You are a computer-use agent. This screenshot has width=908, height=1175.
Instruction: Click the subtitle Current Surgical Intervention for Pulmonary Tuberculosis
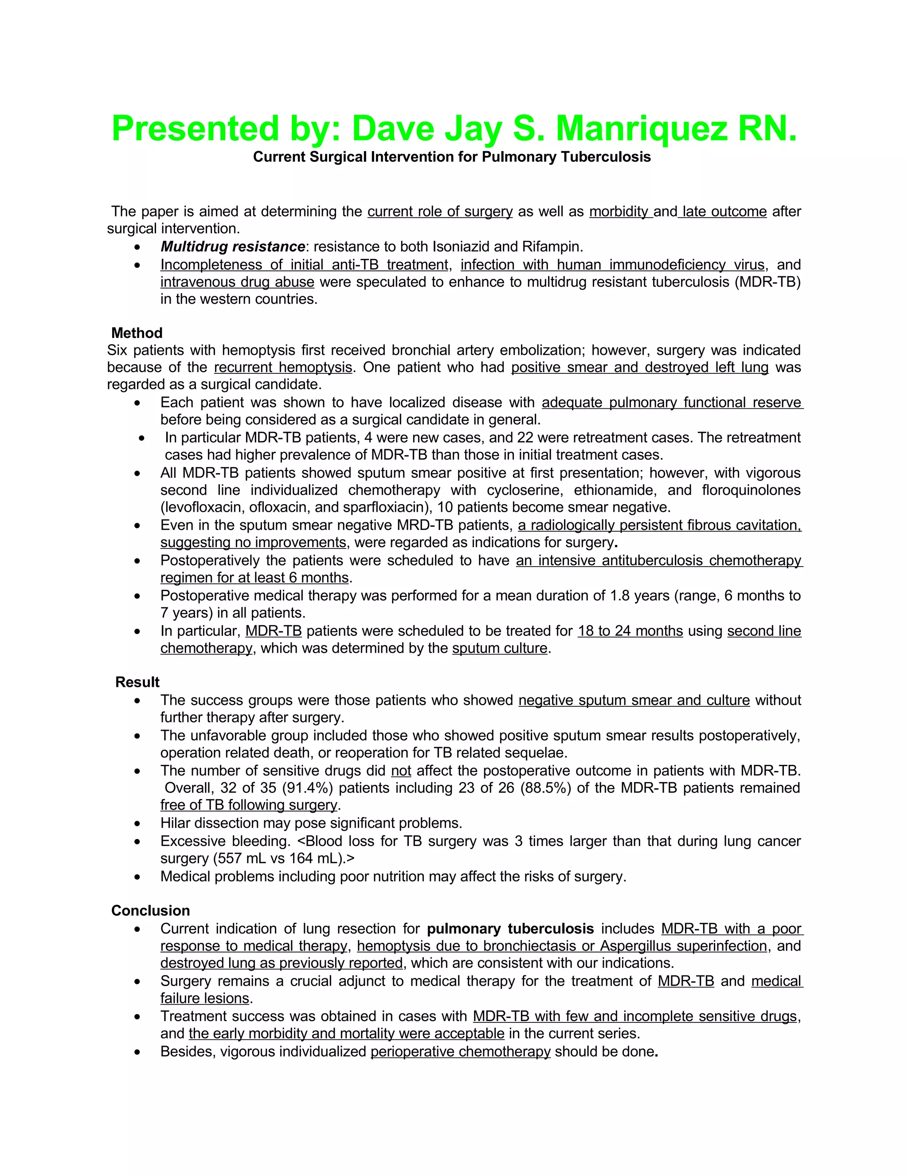[x=452, y=157]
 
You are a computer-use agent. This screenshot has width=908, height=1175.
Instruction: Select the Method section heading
[x=137, y=333]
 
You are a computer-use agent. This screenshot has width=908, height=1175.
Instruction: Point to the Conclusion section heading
[x=150, y=910]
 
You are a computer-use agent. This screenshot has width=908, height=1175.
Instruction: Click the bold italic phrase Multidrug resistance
[x=232, y=247]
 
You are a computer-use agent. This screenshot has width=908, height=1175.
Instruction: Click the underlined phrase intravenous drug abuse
[x=237, y=282]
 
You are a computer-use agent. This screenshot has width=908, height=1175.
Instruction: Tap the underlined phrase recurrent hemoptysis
[x=283, y=368]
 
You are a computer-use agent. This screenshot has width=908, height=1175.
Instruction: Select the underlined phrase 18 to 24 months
[x=630, y=631]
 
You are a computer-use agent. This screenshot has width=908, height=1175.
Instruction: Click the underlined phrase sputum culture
[x=499, y=648]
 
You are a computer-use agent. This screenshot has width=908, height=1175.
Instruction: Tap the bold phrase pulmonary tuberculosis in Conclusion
[x=510, y=928]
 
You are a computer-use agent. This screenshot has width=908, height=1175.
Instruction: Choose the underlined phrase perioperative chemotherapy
[x=461, y=1051]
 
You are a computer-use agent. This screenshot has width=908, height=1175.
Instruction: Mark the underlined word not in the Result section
[x=401, y=771]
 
